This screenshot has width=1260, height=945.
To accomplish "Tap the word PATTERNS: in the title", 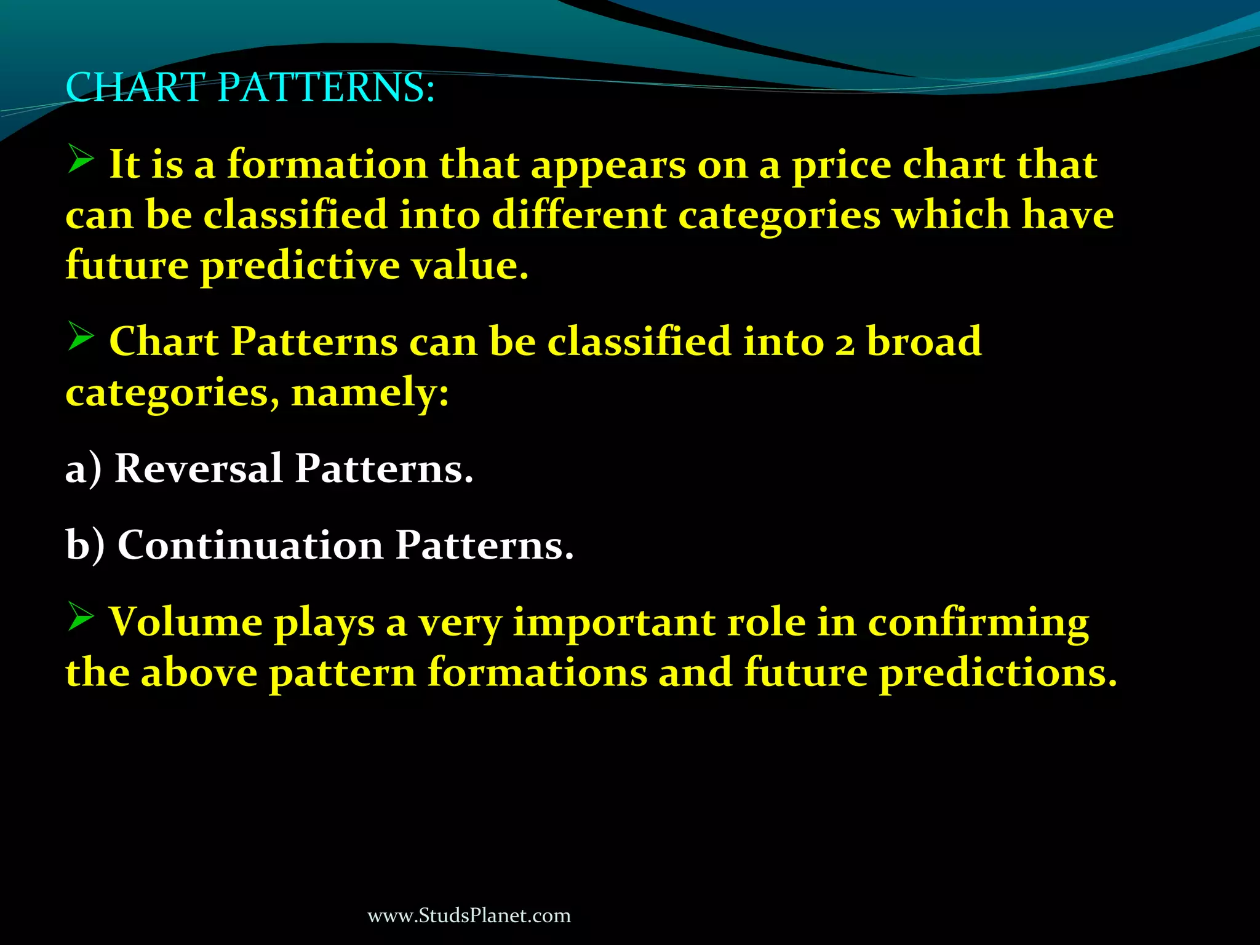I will coord(326,87).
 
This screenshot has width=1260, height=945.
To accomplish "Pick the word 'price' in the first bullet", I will coord(841,166).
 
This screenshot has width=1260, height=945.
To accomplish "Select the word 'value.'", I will coord(470,266).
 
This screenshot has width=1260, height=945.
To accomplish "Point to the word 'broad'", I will coord(924,341).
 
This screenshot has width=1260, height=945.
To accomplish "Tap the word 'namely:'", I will coord(370,393).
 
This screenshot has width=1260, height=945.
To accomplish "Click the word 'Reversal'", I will coord(198,469).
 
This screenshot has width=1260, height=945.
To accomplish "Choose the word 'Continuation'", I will coord(250,545).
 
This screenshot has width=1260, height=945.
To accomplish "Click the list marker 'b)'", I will coord(85,545).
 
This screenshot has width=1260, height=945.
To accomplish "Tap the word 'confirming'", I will coord(978,623).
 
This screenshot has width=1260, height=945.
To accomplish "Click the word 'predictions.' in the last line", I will coord(997,674).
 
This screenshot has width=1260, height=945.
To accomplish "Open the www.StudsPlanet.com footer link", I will coord(469,915).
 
